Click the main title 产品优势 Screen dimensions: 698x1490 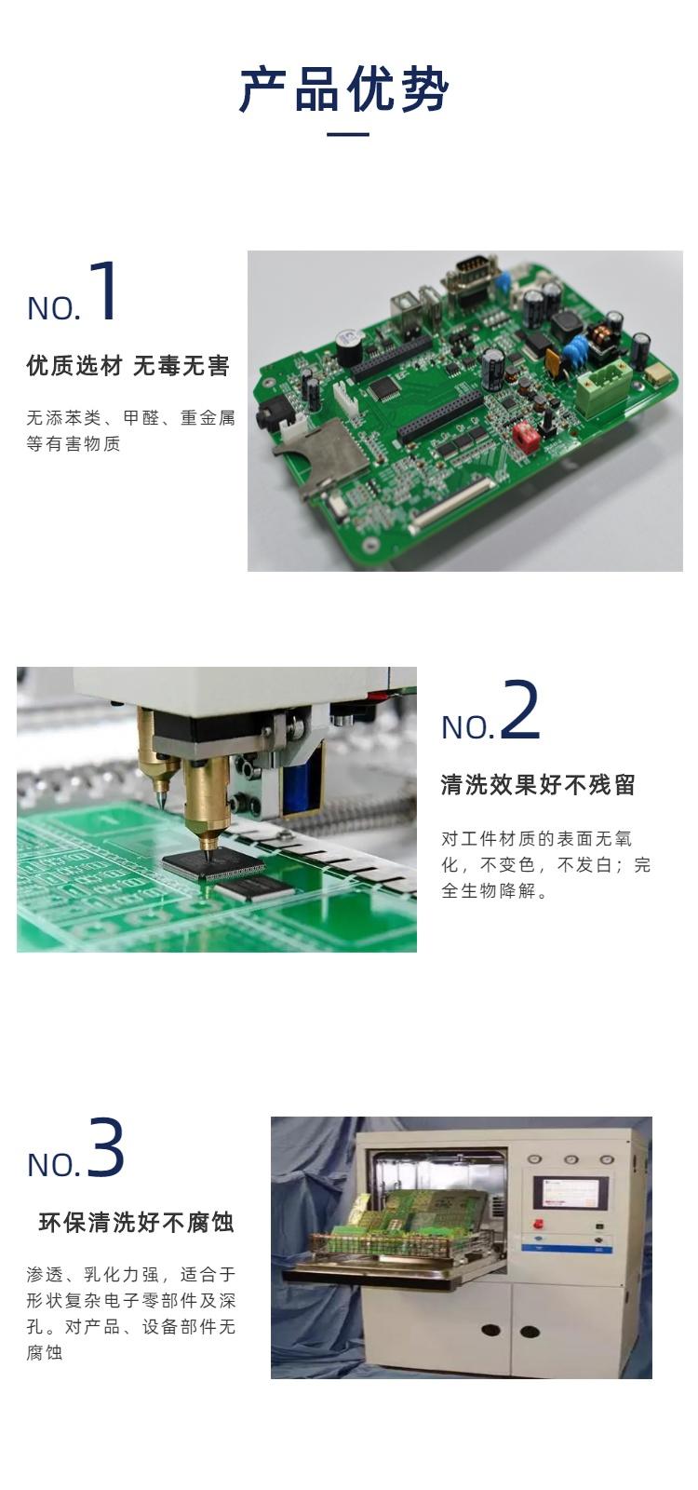point(344,88)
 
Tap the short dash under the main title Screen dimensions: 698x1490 point(348,134)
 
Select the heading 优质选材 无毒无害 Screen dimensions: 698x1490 point(128,366)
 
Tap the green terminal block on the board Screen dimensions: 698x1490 point(604,389)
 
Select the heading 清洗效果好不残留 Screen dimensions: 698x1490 point(538,785)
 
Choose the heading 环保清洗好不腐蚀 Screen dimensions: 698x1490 point(136,1223)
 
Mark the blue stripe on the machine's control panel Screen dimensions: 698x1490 point(567,1249)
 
